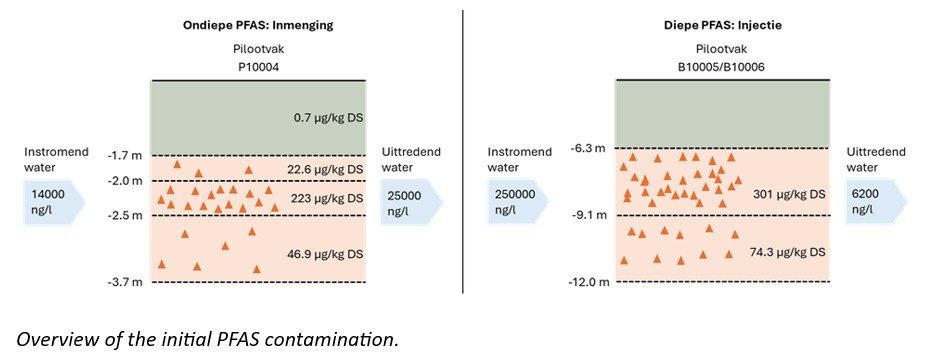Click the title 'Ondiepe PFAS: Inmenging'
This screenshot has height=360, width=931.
tap(258, 26)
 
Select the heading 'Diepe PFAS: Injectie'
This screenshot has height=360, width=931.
tap(722, 26)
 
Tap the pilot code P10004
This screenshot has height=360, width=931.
tap(258, 67)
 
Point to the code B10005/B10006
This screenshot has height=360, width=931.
tap(722, 67)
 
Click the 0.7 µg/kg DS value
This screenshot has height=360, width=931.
tap(327, 118)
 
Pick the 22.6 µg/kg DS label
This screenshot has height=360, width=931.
tap(324, 170)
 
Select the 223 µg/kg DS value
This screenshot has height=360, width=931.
tap(327, 197)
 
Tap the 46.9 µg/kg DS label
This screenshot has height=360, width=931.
tap(324, 254)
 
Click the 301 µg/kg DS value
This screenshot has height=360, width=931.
tap(790, 194)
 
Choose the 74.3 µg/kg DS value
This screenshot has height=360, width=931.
tap(787, 251)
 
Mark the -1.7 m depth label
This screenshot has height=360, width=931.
tap(129, 156)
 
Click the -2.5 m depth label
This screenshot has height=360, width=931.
tap(129, 215)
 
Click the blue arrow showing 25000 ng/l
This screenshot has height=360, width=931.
tap(413, 202)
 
